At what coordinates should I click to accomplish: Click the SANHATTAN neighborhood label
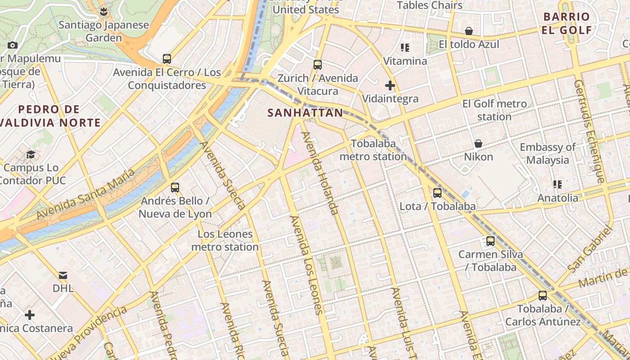coord(305,113)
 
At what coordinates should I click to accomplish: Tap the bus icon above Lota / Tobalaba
coord(437,193)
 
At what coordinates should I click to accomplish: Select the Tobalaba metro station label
coord(373,150)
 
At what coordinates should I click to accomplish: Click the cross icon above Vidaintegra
coord(390,85)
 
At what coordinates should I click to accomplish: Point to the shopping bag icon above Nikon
coord(478,144)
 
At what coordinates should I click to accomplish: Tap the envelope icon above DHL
coord(63,275)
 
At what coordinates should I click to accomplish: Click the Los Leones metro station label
coord(225,241)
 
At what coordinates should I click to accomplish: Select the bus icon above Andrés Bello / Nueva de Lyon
coord(175,188)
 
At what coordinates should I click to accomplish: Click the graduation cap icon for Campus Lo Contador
coord(31,155)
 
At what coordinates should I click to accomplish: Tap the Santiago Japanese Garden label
coord(103,31)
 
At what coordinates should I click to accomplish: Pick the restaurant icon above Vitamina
coord(405,48)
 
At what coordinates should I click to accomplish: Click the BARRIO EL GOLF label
coord(567,23)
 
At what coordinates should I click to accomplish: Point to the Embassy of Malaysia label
coord(547,153)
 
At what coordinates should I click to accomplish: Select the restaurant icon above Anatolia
coord(558,184)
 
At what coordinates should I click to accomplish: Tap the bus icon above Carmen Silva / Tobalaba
coord(490,241)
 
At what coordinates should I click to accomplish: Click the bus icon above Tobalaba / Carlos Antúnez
coord(543,296)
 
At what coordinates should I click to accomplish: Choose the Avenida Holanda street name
coord(320,174)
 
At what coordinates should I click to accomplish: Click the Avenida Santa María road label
coord(85,194)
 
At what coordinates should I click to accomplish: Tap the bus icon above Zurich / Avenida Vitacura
coord(318,65)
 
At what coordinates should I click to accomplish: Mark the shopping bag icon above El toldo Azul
coord(469,31)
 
